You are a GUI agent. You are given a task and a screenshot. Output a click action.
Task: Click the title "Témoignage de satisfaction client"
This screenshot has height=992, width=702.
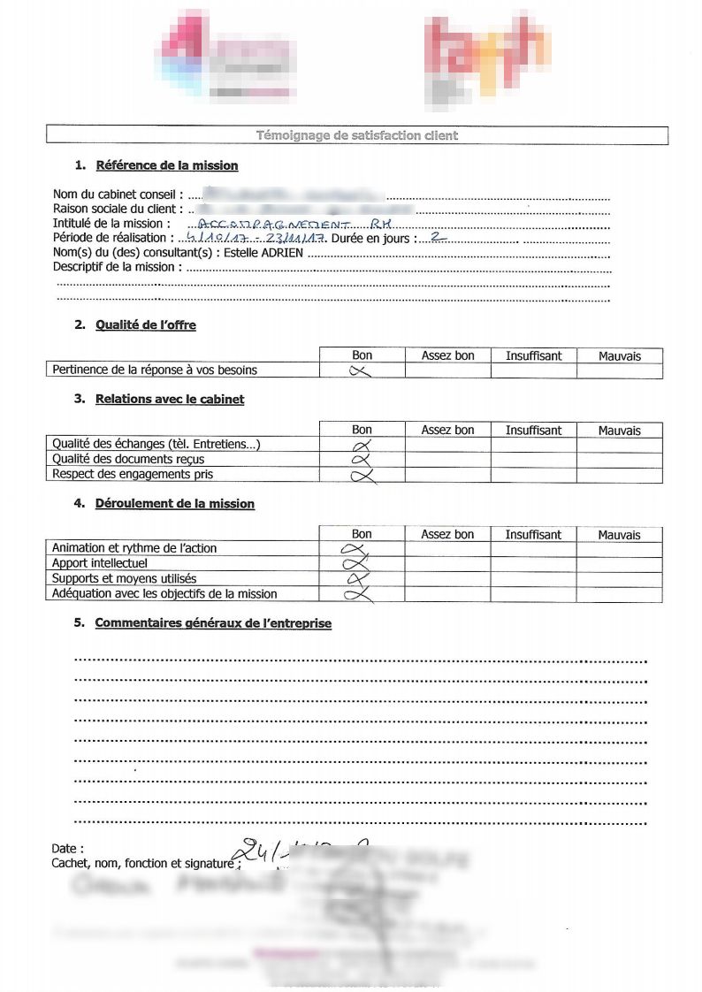tap(356, 136)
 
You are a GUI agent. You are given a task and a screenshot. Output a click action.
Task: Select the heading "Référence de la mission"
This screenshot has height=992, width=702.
tap(166, 165)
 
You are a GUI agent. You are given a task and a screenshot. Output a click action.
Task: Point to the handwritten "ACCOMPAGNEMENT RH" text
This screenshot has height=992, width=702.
tap(296, 225)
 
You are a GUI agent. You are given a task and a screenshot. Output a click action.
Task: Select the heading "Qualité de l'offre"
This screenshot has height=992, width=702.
tap(146, 324)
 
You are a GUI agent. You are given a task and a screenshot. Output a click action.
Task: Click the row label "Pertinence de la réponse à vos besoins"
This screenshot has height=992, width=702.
tap(155, 370)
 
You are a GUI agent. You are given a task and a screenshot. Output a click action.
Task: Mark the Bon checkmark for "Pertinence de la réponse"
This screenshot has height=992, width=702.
tap(362, 371)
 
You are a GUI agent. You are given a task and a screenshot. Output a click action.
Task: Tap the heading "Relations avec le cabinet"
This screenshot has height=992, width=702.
tap(170, 399)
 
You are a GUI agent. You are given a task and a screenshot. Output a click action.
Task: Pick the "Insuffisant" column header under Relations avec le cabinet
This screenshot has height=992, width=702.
tap(533, 431)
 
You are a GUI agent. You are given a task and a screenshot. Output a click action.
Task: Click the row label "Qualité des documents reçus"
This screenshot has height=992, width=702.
tap(128, 459)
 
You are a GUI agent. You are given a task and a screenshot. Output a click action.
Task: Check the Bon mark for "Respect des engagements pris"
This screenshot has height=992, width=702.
tap(362, 476)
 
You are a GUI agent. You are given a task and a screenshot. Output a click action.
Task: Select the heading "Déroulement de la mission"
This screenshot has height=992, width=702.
tap(175, 504)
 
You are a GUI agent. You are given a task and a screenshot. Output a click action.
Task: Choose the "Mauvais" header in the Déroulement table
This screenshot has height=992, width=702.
tap(619, 535)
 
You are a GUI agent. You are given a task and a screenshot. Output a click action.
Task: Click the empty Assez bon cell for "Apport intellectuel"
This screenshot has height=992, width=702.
tap(447, 563)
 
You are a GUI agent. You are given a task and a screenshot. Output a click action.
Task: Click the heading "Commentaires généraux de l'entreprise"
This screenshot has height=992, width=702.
tap(213, 623)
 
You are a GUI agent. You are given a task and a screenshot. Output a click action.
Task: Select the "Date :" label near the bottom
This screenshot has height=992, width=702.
tap(68, 848)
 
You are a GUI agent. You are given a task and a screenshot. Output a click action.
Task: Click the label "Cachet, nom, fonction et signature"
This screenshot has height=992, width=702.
tap(143, 863)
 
